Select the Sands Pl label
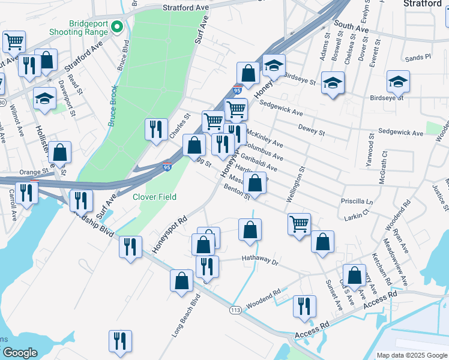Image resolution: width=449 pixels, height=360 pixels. pos(418,58)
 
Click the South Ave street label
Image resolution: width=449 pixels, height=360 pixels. pos(351,26)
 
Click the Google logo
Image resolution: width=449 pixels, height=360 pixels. pos(20,353)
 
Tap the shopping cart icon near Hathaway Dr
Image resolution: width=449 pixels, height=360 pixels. pos(299,223)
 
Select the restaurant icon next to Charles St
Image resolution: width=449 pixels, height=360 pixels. pos(155,128)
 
